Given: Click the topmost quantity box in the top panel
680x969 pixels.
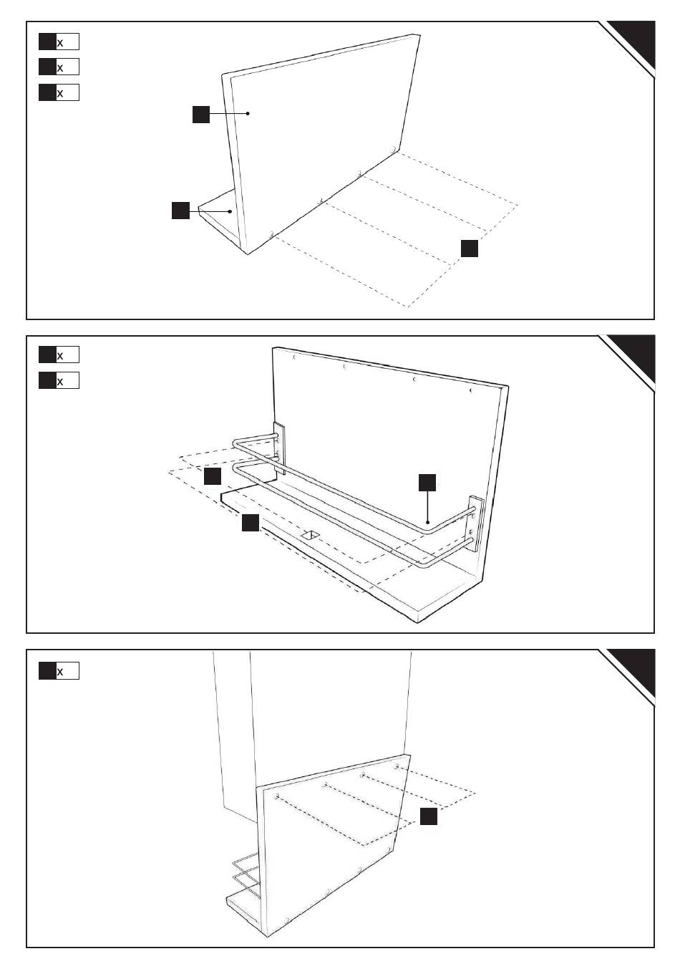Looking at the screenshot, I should (x=59, y=42).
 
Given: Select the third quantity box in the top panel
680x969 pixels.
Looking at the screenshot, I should (x=59, y=92).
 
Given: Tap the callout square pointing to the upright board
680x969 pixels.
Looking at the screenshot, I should (x=201, y=113).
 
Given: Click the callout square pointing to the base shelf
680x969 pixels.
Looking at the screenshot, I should (x=180, y=211).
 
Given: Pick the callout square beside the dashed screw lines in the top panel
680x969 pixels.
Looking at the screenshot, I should (x=469, y=248).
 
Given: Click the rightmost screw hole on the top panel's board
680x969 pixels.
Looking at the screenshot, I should (x=394, y=149).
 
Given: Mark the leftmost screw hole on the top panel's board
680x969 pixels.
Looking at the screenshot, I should (x=271, y=233).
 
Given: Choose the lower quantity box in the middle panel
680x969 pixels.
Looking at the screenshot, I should (x=59, y=380).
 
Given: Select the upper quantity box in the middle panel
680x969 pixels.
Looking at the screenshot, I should (x=59, y=355).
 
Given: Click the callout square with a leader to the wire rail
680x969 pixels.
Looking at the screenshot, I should (x=427, y=482).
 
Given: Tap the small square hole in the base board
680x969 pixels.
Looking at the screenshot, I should (x=311, y=534).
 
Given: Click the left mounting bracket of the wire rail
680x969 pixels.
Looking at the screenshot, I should (x=279, y=448).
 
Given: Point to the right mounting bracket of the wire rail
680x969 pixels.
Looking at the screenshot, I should (x=475, y=522).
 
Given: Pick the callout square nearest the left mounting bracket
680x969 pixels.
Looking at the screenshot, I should (x=213, y=476).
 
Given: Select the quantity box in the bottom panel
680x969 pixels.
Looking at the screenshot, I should (x=59, y=671).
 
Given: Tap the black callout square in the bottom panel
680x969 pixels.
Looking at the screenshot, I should (x=428, y=816).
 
